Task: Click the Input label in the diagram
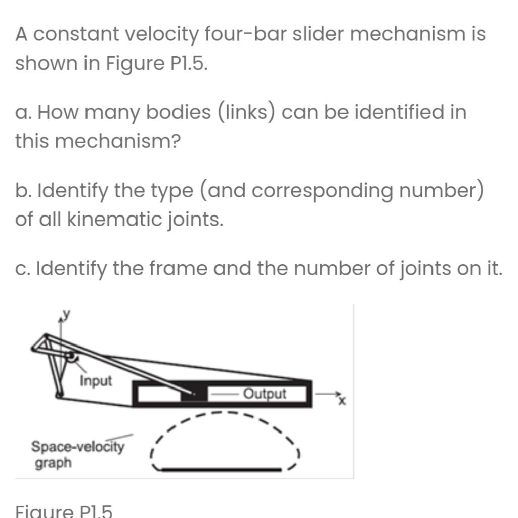pyautogui.click(x=96, y=380)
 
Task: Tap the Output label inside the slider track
pyautogui.click(x=265, y=394)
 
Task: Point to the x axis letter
pyautogui.click(x=342, y=401)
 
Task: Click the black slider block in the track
pyautogui.click(x=195, y=393)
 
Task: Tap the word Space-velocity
pyautogui.click(x=77, y=447)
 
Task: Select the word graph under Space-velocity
pyautogui.click(x=53, y=463)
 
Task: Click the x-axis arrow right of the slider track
pyautogui.click(x=326, y=393)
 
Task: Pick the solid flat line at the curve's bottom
pyautogui.click(x=221, y=470)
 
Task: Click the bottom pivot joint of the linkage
pyautogui.click(x=59, y=395)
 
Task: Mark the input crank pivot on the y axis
pyautogui.click(x=69, y=357)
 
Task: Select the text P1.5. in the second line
pyautogui.click(x=187, y=64)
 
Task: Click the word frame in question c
pyautogui.click(x=177, y=268)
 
